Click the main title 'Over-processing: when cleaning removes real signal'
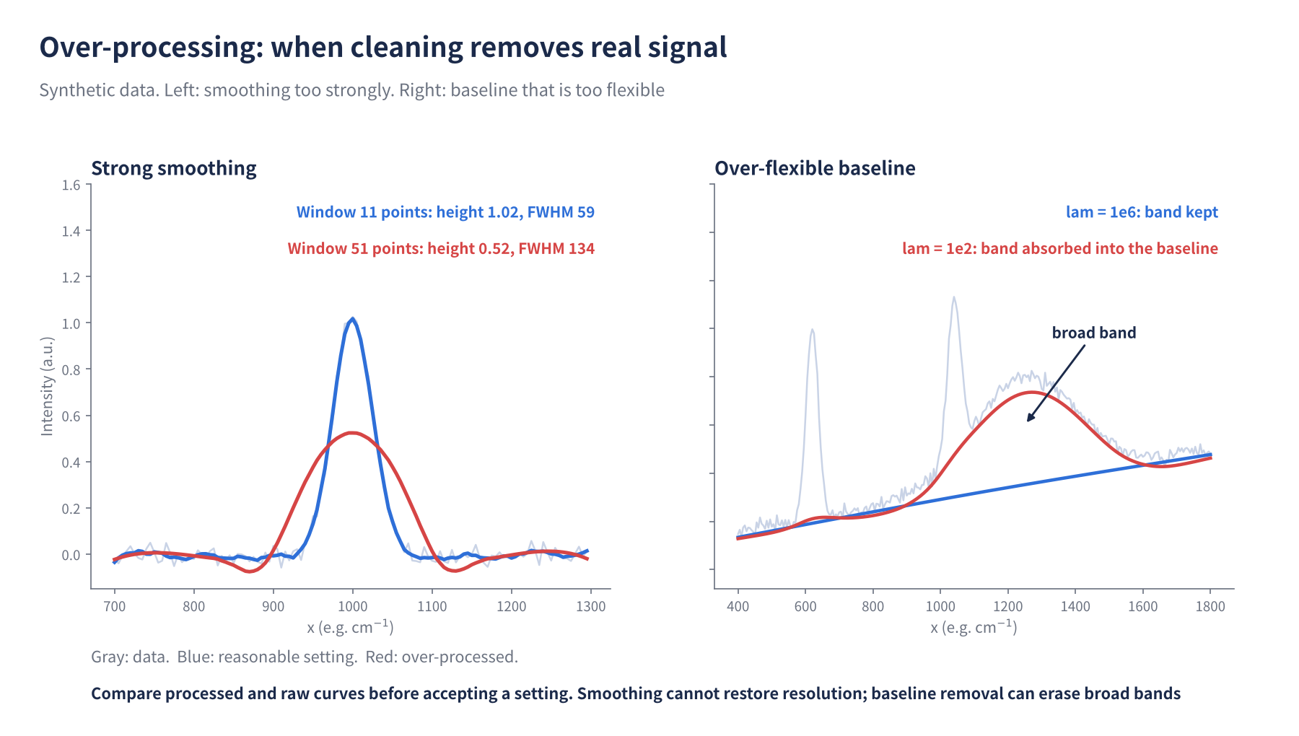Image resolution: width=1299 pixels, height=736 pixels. (x=383, y=48)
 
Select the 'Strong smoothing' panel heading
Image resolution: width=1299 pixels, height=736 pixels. (x=174, y=169)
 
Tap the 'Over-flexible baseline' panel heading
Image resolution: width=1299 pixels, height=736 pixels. (x=815, y=168)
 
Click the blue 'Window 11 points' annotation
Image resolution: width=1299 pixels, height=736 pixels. (x=445, y=212)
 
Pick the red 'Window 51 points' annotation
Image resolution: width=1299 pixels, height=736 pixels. (x=441, y=248)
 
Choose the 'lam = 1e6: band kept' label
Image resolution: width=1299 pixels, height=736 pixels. (x=1142, y=212)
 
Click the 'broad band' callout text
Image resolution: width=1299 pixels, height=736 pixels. (x=1094, y=333)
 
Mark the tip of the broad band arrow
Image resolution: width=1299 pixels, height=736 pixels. (x=1028, y=421)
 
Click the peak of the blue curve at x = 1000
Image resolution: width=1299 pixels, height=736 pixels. (x=352, y=319)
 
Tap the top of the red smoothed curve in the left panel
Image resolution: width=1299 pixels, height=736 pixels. (x=351, y=433)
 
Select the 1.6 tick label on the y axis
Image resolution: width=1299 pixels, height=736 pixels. (x=71, y=185)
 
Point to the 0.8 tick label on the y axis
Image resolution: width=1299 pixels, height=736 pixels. (x=71, y=370)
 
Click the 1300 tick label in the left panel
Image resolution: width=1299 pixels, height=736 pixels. (x=591, y=607)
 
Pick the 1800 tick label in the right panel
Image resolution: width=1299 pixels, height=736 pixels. (x=1210, y=607)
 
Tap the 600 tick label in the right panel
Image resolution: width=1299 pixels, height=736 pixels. (x=805, y=607)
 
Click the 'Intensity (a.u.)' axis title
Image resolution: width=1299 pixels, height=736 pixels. (x=47, y=387)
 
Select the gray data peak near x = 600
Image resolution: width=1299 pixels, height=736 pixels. (x=813, y=330)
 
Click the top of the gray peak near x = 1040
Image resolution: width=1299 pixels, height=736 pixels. (x=954, y=297)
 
